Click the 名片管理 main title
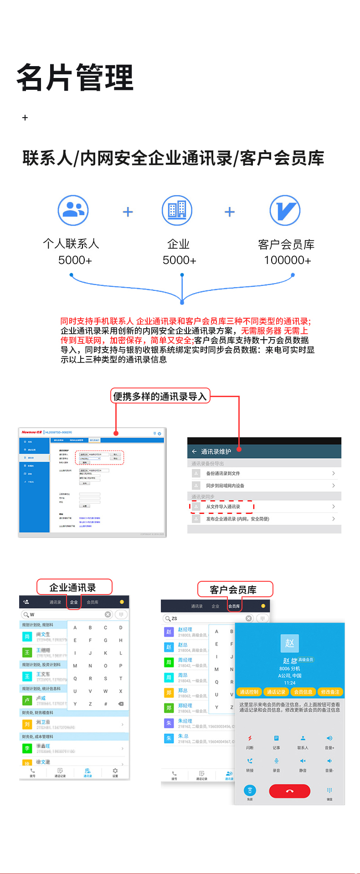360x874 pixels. (x=75, y=77)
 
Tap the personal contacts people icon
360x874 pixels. (x=73, y=210)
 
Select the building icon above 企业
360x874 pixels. (x=177, y=210)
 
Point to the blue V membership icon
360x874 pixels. (x=285, y=210)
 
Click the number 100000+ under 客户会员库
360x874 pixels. (x=288, y=260)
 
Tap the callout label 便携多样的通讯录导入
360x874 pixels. (x=160, y=396)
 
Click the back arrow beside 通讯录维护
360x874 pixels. (x=194, y=451)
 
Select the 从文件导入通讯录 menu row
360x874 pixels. (x=223, y=507)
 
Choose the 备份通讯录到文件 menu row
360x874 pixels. (x=223, y=473)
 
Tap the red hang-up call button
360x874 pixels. (x=289, y=791)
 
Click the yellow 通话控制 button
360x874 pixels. (x=249, y=692)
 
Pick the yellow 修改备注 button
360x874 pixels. (x=330, y=692)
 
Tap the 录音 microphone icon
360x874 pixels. (x=276, y=761)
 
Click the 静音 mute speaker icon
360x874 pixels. (x=303, y=761)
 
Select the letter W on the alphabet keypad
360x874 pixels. (x=105, y=691)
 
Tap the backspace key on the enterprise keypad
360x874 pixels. (x=121, y=704)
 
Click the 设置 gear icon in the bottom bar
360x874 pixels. (x=115, y=771)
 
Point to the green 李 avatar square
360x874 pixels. (x=27, y=748)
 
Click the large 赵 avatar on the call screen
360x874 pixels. (x=289, y=643)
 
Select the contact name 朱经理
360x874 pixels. (x=185, y=721)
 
